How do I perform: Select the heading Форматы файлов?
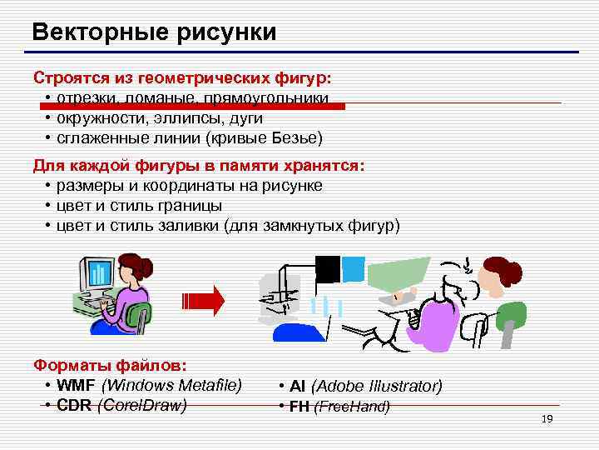click(110, 365)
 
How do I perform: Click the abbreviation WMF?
click(77, 385)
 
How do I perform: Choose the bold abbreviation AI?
click(298, 387)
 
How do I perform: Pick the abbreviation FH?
click(299, 407)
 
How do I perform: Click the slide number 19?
click(547, 419)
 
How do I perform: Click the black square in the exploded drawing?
click(328, 268)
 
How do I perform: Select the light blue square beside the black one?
click(354, 267)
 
